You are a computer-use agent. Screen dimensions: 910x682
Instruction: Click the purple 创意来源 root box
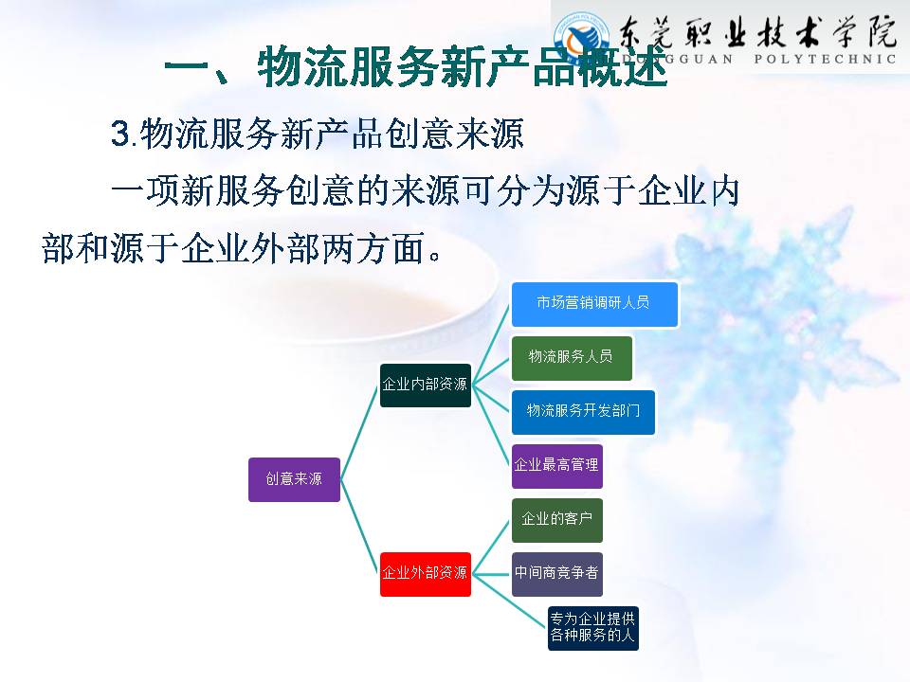pos(294,479)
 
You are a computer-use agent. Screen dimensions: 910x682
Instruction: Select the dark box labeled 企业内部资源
pos(426,386)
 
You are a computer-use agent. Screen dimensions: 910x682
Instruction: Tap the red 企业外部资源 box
pos(426,574)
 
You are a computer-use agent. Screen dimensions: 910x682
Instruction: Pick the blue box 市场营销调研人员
pos(594,304)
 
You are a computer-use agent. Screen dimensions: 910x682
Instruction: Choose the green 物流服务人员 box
pos(572,358)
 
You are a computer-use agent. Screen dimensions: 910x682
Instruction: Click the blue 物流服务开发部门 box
pos(583,412)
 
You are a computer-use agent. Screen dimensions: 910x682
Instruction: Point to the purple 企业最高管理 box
pos(557,466)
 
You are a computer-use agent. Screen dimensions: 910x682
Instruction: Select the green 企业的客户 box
pos(557,520)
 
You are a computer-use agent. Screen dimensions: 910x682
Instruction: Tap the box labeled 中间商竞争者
pos(557,574)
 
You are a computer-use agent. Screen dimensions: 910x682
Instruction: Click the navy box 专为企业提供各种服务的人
pos(593,628)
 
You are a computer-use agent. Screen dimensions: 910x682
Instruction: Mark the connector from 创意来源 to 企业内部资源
pos(360,433)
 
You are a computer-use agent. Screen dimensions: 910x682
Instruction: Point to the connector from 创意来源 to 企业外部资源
pos(360,527)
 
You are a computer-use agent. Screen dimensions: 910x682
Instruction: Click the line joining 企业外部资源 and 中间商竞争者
pos(491,574)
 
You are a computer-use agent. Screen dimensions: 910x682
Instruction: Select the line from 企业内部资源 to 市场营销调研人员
pos(491,345)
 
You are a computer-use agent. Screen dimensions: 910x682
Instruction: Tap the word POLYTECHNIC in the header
pos(825,59)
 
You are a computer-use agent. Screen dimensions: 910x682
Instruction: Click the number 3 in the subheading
pos(120,134)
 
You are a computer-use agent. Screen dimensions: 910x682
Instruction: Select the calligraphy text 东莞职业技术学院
pos(756,31)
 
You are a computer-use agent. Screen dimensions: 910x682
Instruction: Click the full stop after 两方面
pos(434,255)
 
